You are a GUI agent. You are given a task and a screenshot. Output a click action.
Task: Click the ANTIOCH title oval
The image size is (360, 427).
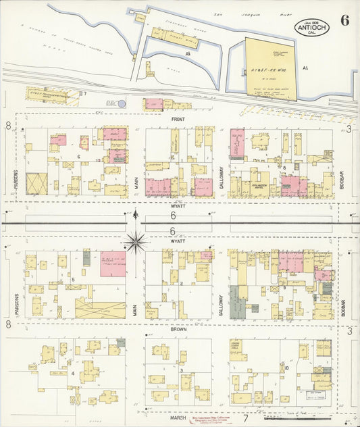311,28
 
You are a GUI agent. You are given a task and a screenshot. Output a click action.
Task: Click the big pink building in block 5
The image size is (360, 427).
113,263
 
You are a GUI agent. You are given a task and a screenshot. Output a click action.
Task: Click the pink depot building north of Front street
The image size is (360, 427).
154,103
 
